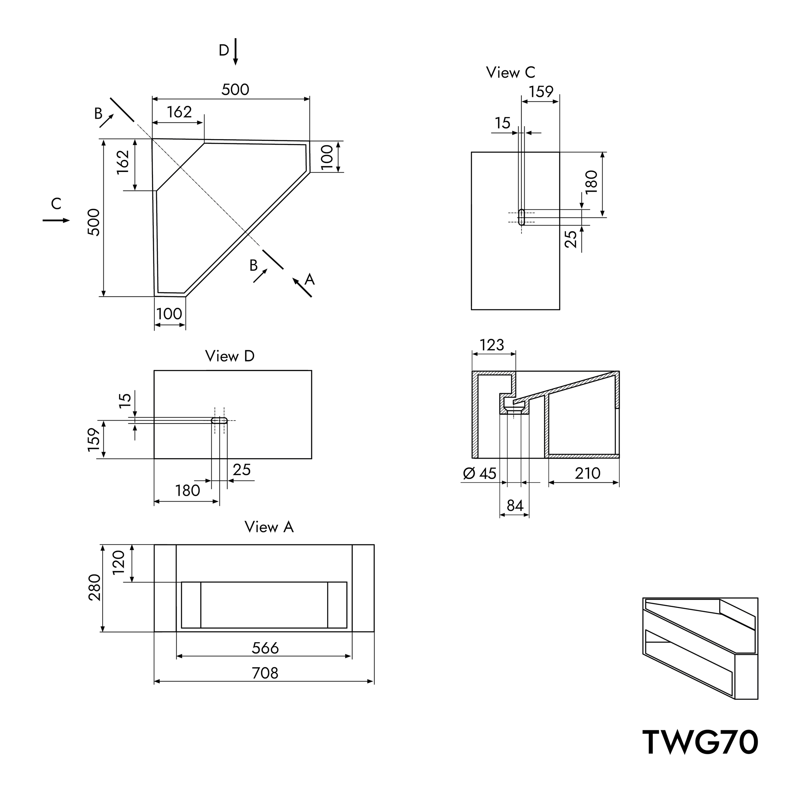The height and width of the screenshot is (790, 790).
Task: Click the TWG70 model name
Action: [x=700, y=742]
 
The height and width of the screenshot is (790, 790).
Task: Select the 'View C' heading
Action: [x=510, y=72]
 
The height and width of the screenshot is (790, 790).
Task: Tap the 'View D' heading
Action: [x=230, y=356]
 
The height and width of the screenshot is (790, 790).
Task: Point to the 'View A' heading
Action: [x=269, y=527]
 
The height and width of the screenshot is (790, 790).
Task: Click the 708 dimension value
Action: [x=265, y=673]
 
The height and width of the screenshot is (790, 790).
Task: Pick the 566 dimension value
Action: [x=265, y=648]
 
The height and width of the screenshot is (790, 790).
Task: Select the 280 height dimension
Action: [x=94, y=587]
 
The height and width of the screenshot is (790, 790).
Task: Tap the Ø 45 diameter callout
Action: [x=479, y=473]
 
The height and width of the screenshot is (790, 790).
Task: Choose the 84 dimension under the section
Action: [x=515, y=506]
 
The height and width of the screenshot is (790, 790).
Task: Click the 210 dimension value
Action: [x=587, y=473]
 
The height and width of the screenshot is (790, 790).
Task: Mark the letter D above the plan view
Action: [x=224, y=51]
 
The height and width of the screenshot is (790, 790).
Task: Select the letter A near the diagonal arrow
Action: [x=310, y=280]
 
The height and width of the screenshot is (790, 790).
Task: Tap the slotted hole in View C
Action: [x=521, y=217]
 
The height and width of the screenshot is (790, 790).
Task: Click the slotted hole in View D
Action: [x=219, y=420]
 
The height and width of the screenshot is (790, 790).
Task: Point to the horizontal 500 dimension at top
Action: [x=235, y=89]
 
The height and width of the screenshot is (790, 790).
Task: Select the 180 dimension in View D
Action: [x=187, y=490]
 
